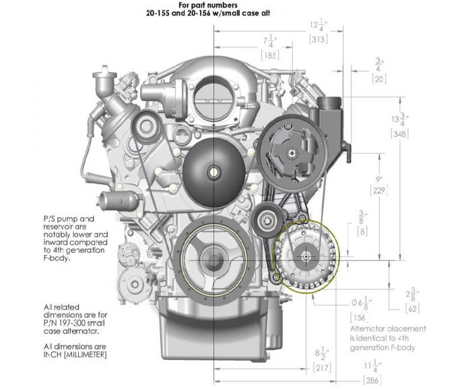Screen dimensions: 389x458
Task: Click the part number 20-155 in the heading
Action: coord(167,12)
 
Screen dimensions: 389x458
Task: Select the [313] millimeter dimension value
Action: coord(319,39)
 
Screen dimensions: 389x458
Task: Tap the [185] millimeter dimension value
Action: coord(271,56)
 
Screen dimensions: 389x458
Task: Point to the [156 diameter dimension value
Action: coord(361,317)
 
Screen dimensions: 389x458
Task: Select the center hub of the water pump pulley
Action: coord(214,171)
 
